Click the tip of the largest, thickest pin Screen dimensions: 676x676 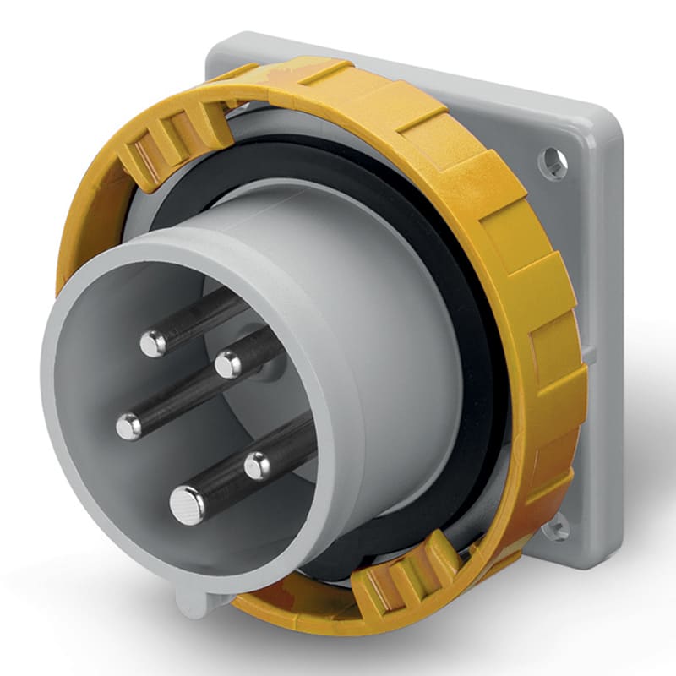point(187,505)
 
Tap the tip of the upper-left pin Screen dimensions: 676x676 point(153,342)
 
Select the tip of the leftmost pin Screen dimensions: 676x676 point(128,426)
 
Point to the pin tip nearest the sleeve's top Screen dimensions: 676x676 point(227,364)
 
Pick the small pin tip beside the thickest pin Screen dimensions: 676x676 point(258,464)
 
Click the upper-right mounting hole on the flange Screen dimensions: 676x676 point(553,162)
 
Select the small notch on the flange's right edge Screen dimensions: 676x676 point(591,355)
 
